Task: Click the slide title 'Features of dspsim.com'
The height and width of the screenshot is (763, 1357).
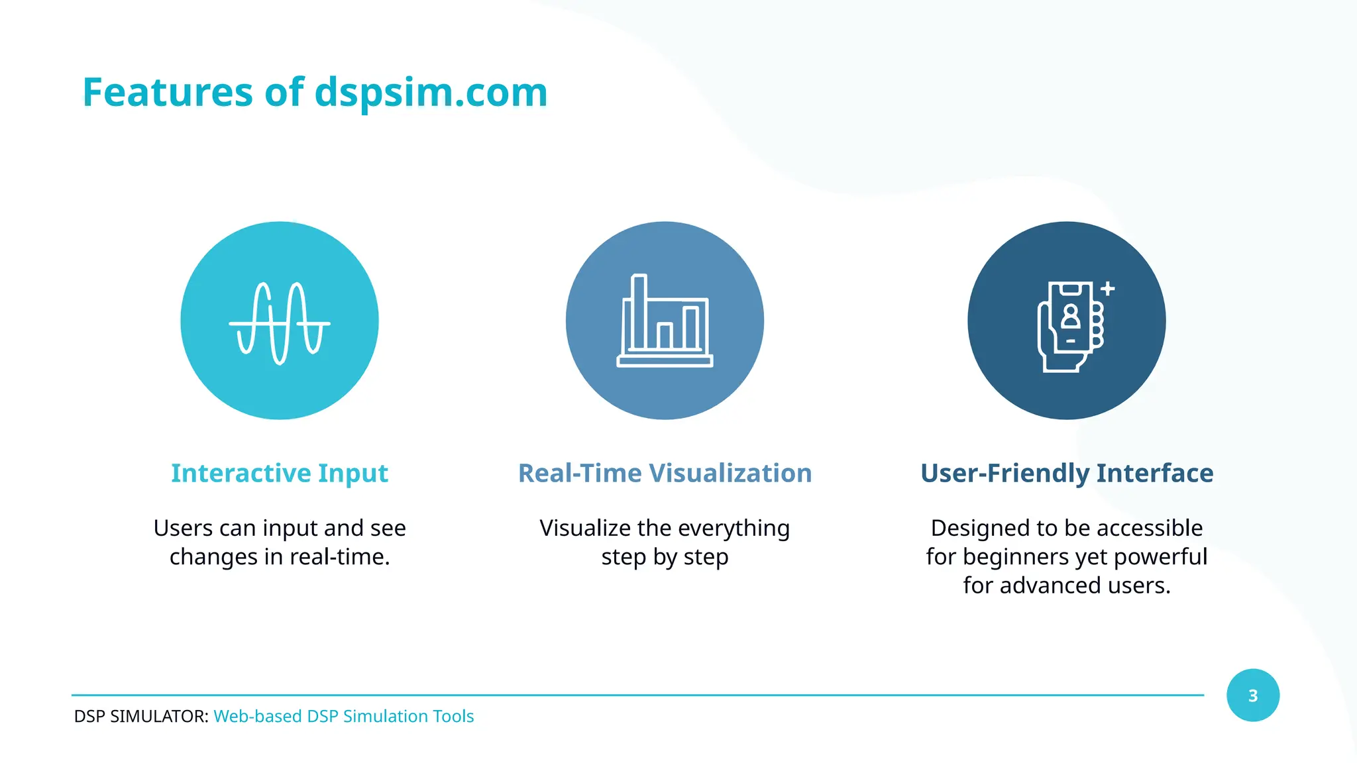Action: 315,92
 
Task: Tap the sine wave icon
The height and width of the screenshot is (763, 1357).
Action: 280,323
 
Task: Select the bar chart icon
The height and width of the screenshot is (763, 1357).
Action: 665,321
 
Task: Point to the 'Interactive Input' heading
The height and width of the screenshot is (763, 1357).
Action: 280,473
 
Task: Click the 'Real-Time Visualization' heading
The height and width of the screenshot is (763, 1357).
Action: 665,473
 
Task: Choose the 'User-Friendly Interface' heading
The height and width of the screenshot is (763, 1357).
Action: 1067,473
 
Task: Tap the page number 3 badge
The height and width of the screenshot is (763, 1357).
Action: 1252,695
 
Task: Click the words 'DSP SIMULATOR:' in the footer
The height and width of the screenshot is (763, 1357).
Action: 141,716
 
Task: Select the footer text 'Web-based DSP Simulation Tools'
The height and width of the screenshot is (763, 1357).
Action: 343,716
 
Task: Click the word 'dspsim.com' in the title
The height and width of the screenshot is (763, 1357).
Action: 431,92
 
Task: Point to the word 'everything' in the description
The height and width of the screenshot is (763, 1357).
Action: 734,529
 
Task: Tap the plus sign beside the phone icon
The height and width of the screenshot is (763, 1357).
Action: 1108,289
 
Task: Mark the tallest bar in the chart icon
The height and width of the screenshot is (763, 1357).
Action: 639,311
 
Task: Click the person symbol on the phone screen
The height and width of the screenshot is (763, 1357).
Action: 1071,316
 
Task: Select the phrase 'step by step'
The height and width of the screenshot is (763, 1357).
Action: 665,557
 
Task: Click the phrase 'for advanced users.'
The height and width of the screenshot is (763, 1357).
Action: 1067,585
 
